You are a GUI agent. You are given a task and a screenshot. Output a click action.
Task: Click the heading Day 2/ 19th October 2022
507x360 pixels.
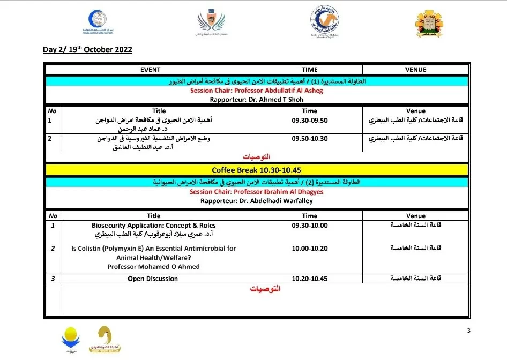87,50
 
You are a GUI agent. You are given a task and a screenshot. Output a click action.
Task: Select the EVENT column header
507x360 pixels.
151,70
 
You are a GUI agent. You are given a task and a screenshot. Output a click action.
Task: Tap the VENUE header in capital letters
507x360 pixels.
415,70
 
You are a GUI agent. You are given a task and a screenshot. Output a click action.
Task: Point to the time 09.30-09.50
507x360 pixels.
309,120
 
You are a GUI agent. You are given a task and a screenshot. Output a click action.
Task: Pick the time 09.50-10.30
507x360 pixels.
309,138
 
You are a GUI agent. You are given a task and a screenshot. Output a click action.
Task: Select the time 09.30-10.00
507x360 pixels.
309,226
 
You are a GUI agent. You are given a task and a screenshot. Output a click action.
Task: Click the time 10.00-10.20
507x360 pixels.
309,249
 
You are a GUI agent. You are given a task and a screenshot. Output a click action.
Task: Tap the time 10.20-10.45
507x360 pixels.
309,279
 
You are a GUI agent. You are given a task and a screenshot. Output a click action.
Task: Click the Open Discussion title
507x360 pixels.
153,279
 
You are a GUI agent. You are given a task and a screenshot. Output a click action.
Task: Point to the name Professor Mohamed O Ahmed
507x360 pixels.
153,266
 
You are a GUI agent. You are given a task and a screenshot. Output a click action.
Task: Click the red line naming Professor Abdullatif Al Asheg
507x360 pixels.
257,91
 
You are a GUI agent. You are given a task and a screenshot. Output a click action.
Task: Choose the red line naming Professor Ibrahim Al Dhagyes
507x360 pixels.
257,192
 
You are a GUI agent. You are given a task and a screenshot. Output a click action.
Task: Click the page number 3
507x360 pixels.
468,331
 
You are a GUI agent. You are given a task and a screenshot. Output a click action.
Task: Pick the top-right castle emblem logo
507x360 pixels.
430,23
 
